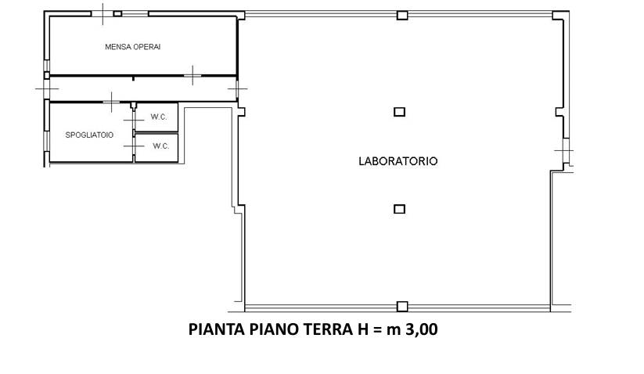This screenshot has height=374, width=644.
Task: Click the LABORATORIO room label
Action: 398,161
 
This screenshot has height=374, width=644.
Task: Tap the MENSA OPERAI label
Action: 133,47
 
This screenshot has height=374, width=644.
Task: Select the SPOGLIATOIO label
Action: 89,135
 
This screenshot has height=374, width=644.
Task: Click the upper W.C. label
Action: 159,117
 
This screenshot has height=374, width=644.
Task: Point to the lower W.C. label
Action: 161,146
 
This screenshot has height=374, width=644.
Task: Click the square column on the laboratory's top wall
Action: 402,16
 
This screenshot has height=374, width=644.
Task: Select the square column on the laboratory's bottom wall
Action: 402,306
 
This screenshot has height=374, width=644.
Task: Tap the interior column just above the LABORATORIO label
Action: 399,112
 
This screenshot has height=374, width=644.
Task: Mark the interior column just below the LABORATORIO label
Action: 399,209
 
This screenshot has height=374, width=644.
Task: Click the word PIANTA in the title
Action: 217,329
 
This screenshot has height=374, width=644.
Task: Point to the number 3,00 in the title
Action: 422,329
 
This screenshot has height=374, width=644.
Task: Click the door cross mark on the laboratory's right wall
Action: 564,151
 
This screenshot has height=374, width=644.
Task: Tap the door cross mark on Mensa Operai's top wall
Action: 103,14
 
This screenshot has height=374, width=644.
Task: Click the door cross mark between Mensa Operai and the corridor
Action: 192,75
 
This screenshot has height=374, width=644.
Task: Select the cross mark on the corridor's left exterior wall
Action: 46,88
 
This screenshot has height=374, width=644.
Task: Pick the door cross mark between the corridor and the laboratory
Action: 238,88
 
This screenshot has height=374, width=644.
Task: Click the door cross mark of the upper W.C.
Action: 134,120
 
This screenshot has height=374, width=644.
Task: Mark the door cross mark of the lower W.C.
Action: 134,146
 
